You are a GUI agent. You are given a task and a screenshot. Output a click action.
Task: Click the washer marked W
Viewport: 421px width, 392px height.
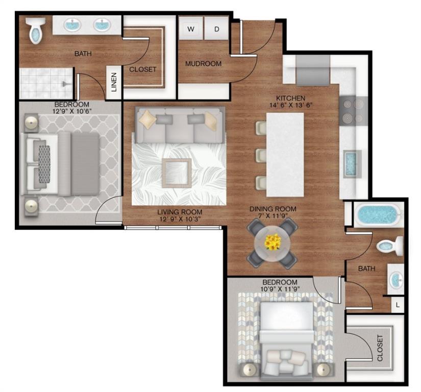tap(191, 29)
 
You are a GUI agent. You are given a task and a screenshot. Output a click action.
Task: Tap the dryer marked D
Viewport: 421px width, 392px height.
tap(216, 29)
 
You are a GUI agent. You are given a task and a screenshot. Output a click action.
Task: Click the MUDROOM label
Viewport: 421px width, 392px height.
tap(203, 64)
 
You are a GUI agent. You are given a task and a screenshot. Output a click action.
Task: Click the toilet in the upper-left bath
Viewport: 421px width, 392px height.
tap(36, 30)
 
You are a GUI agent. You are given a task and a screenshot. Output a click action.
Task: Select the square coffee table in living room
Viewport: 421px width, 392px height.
tap(177, 173)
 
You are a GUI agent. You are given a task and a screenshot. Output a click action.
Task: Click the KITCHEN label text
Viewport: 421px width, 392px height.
tap(290, 99)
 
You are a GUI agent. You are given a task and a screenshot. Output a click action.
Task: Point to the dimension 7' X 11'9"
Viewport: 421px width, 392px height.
tap(273, 217)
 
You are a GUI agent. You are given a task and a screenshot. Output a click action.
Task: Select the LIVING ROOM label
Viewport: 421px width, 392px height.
tap(179, 212)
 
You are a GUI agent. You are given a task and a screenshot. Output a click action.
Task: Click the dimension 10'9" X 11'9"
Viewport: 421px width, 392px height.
tap(280, 289)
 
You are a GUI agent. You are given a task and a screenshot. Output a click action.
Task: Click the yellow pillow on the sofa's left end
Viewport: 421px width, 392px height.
tap(148, 119)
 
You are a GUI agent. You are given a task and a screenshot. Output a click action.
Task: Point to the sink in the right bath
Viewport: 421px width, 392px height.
tap(396, 279)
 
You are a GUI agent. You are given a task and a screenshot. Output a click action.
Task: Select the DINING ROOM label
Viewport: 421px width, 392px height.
tap(273, 209)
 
